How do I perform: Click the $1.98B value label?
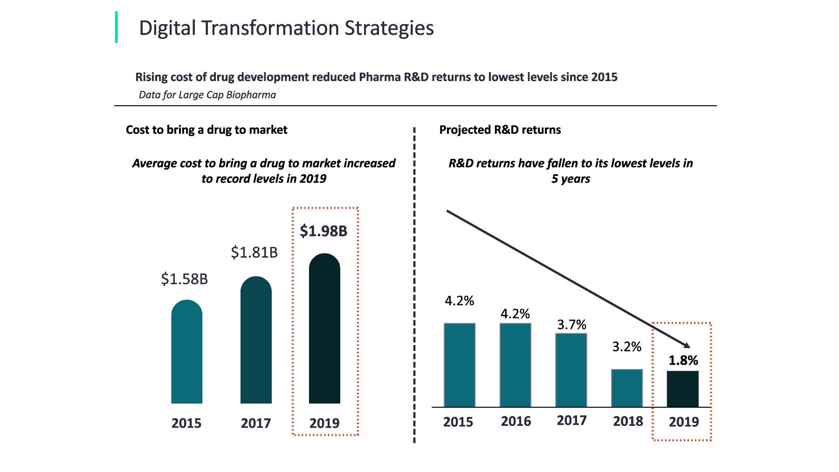point(323,231)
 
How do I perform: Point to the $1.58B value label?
point(184,279)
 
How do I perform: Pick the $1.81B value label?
point(254,253)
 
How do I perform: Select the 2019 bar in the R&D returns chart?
point(683,389)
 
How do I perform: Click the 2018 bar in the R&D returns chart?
point(627,388)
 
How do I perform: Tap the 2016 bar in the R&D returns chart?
point(516,365)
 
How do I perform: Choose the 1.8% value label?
point(683,360)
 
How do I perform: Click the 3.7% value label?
point(571,324)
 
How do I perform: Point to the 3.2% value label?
point(626,347)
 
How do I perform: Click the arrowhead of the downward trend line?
point(687,345)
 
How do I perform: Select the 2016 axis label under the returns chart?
point(516,421)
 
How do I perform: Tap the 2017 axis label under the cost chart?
point(256,423)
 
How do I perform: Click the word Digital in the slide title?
point(167,28)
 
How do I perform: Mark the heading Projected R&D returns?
point(500,130)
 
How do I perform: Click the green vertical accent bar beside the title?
point(116,27)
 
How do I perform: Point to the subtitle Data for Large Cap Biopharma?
point(207,95)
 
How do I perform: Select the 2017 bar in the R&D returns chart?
point(571,370)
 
